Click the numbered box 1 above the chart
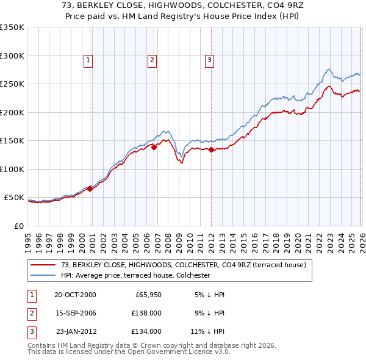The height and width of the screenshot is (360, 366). click(88, 60)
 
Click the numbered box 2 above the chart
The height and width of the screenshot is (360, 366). click(152, 60)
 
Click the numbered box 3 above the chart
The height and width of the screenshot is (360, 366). click(209, 60)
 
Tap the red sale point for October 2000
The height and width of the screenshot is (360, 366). click(90, 189)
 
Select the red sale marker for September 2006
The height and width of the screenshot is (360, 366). click(154, 147)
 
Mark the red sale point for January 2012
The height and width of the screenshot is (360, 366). click(211, 149)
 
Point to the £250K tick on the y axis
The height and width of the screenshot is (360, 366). click(12, 84)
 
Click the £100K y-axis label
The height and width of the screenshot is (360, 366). click(12, 169)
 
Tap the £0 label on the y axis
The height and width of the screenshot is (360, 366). click(18, 226)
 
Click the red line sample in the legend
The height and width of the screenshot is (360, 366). click(43, 265)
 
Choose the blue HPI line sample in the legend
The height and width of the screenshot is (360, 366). click(43, 276)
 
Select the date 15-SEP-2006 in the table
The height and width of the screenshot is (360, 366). click(75, 313)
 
